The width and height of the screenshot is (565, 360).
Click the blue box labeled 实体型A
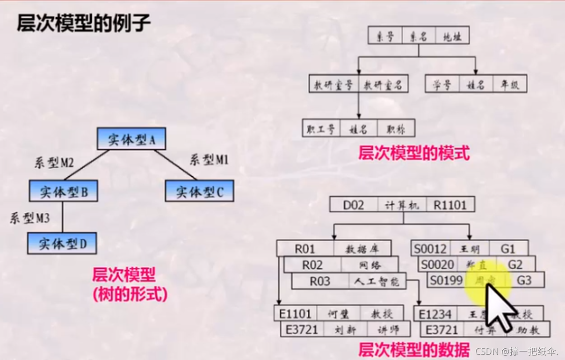pyautogui.click(x=132, y=139)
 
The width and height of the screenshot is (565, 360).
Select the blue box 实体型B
pyautogui.click(x=63, y=192)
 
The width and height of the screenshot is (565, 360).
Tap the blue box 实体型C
pyautogui.click(x=199, y=192)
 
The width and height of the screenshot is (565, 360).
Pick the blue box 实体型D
pyautogui.click(x=62, y=243)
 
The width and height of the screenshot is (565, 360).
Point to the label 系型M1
pyautogui.click(x=209, y=160)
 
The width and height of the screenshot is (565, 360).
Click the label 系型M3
pyautogui.click(x=29, y=218)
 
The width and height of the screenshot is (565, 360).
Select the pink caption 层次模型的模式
pyautogui.click(x=413, y=153)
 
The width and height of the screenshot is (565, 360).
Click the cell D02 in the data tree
pyautogui.click(x=354, y=205)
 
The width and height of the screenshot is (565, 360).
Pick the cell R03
pyautogui.click(x=320, y=281)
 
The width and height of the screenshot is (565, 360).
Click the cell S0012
pyautogui.click(x=431, y=248)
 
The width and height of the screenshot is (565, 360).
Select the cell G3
pyautogui.click(x=524, y=280)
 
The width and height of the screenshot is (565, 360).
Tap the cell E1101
pyautogui.click(x=295, y=313)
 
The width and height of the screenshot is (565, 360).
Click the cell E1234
pyautogui.click(x=435, y=313)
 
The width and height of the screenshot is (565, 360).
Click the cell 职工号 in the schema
pyautogui.click(x=321, y=129)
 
